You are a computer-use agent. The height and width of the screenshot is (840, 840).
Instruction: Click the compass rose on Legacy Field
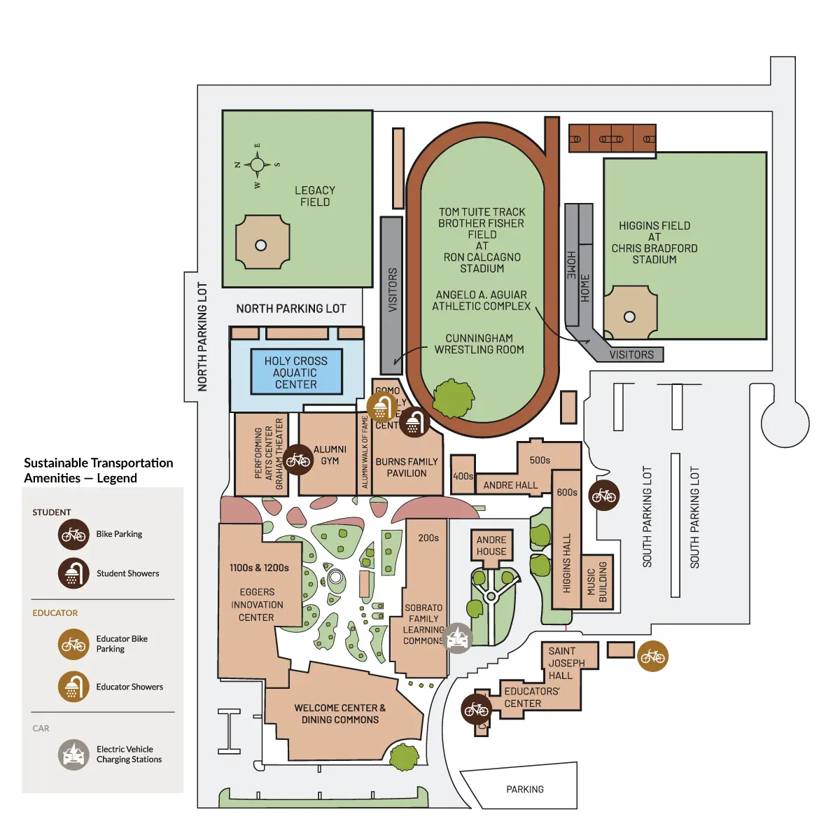(x=257, y=165)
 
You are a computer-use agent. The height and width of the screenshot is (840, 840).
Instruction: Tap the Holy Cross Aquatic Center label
(x=296, y=372)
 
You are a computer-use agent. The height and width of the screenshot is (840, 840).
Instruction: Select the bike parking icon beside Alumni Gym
(x=297, y=460)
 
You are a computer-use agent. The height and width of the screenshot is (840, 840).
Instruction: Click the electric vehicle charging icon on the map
(x=458, y=638)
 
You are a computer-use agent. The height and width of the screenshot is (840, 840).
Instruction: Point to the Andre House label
(x=491, y=545)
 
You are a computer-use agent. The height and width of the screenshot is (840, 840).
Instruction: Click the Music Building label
(x=597, y=582)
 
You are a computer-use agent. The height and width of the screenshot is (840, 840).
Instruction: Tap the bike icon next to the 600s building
(x=603, y=496)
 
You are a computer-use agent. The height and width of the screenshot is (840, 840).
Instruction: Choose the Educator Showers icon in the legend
(x=73, y=687)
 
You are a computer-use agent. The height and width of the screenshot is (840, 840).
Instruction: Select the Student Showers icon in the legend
(x=73, y=573)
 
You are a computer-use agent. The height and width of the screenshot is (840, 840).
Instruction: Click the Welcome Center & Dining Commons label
(x=340, y=714)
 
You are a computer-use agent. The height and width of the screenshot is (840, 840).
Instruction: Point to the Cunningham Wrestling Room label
(x=479, y=344)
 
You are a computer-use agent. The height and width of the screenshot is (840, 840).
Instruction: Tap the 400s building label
(x=463, y=476)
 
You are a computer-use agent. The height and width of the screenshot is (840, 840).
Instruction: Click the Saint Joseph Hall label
(x=566, y=663)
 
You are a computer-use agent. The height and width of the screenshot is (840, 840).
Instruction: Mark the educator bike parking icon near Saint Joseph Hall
(x=652, y=656)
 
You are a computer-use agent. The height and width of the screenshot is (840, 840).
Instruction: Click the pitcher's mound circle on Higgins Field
(x=629, y=316)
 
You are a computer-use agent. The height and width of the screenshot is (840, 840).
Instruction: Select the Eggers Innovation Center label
(x=257, y=605)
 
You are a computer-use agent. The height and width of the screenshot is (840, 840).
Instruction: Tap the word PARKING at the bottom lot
(x=525, y=789)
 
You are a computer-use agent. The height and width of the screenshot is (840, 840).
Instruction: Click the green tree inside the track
(x=454, y=399)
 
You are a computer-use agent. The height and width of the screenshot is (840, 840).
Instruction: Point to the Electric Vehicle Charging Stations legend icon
(x=73, y=755)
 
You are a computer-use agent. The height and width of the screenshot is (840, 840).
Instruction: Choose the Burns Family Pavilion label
(x=407, y=468)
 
